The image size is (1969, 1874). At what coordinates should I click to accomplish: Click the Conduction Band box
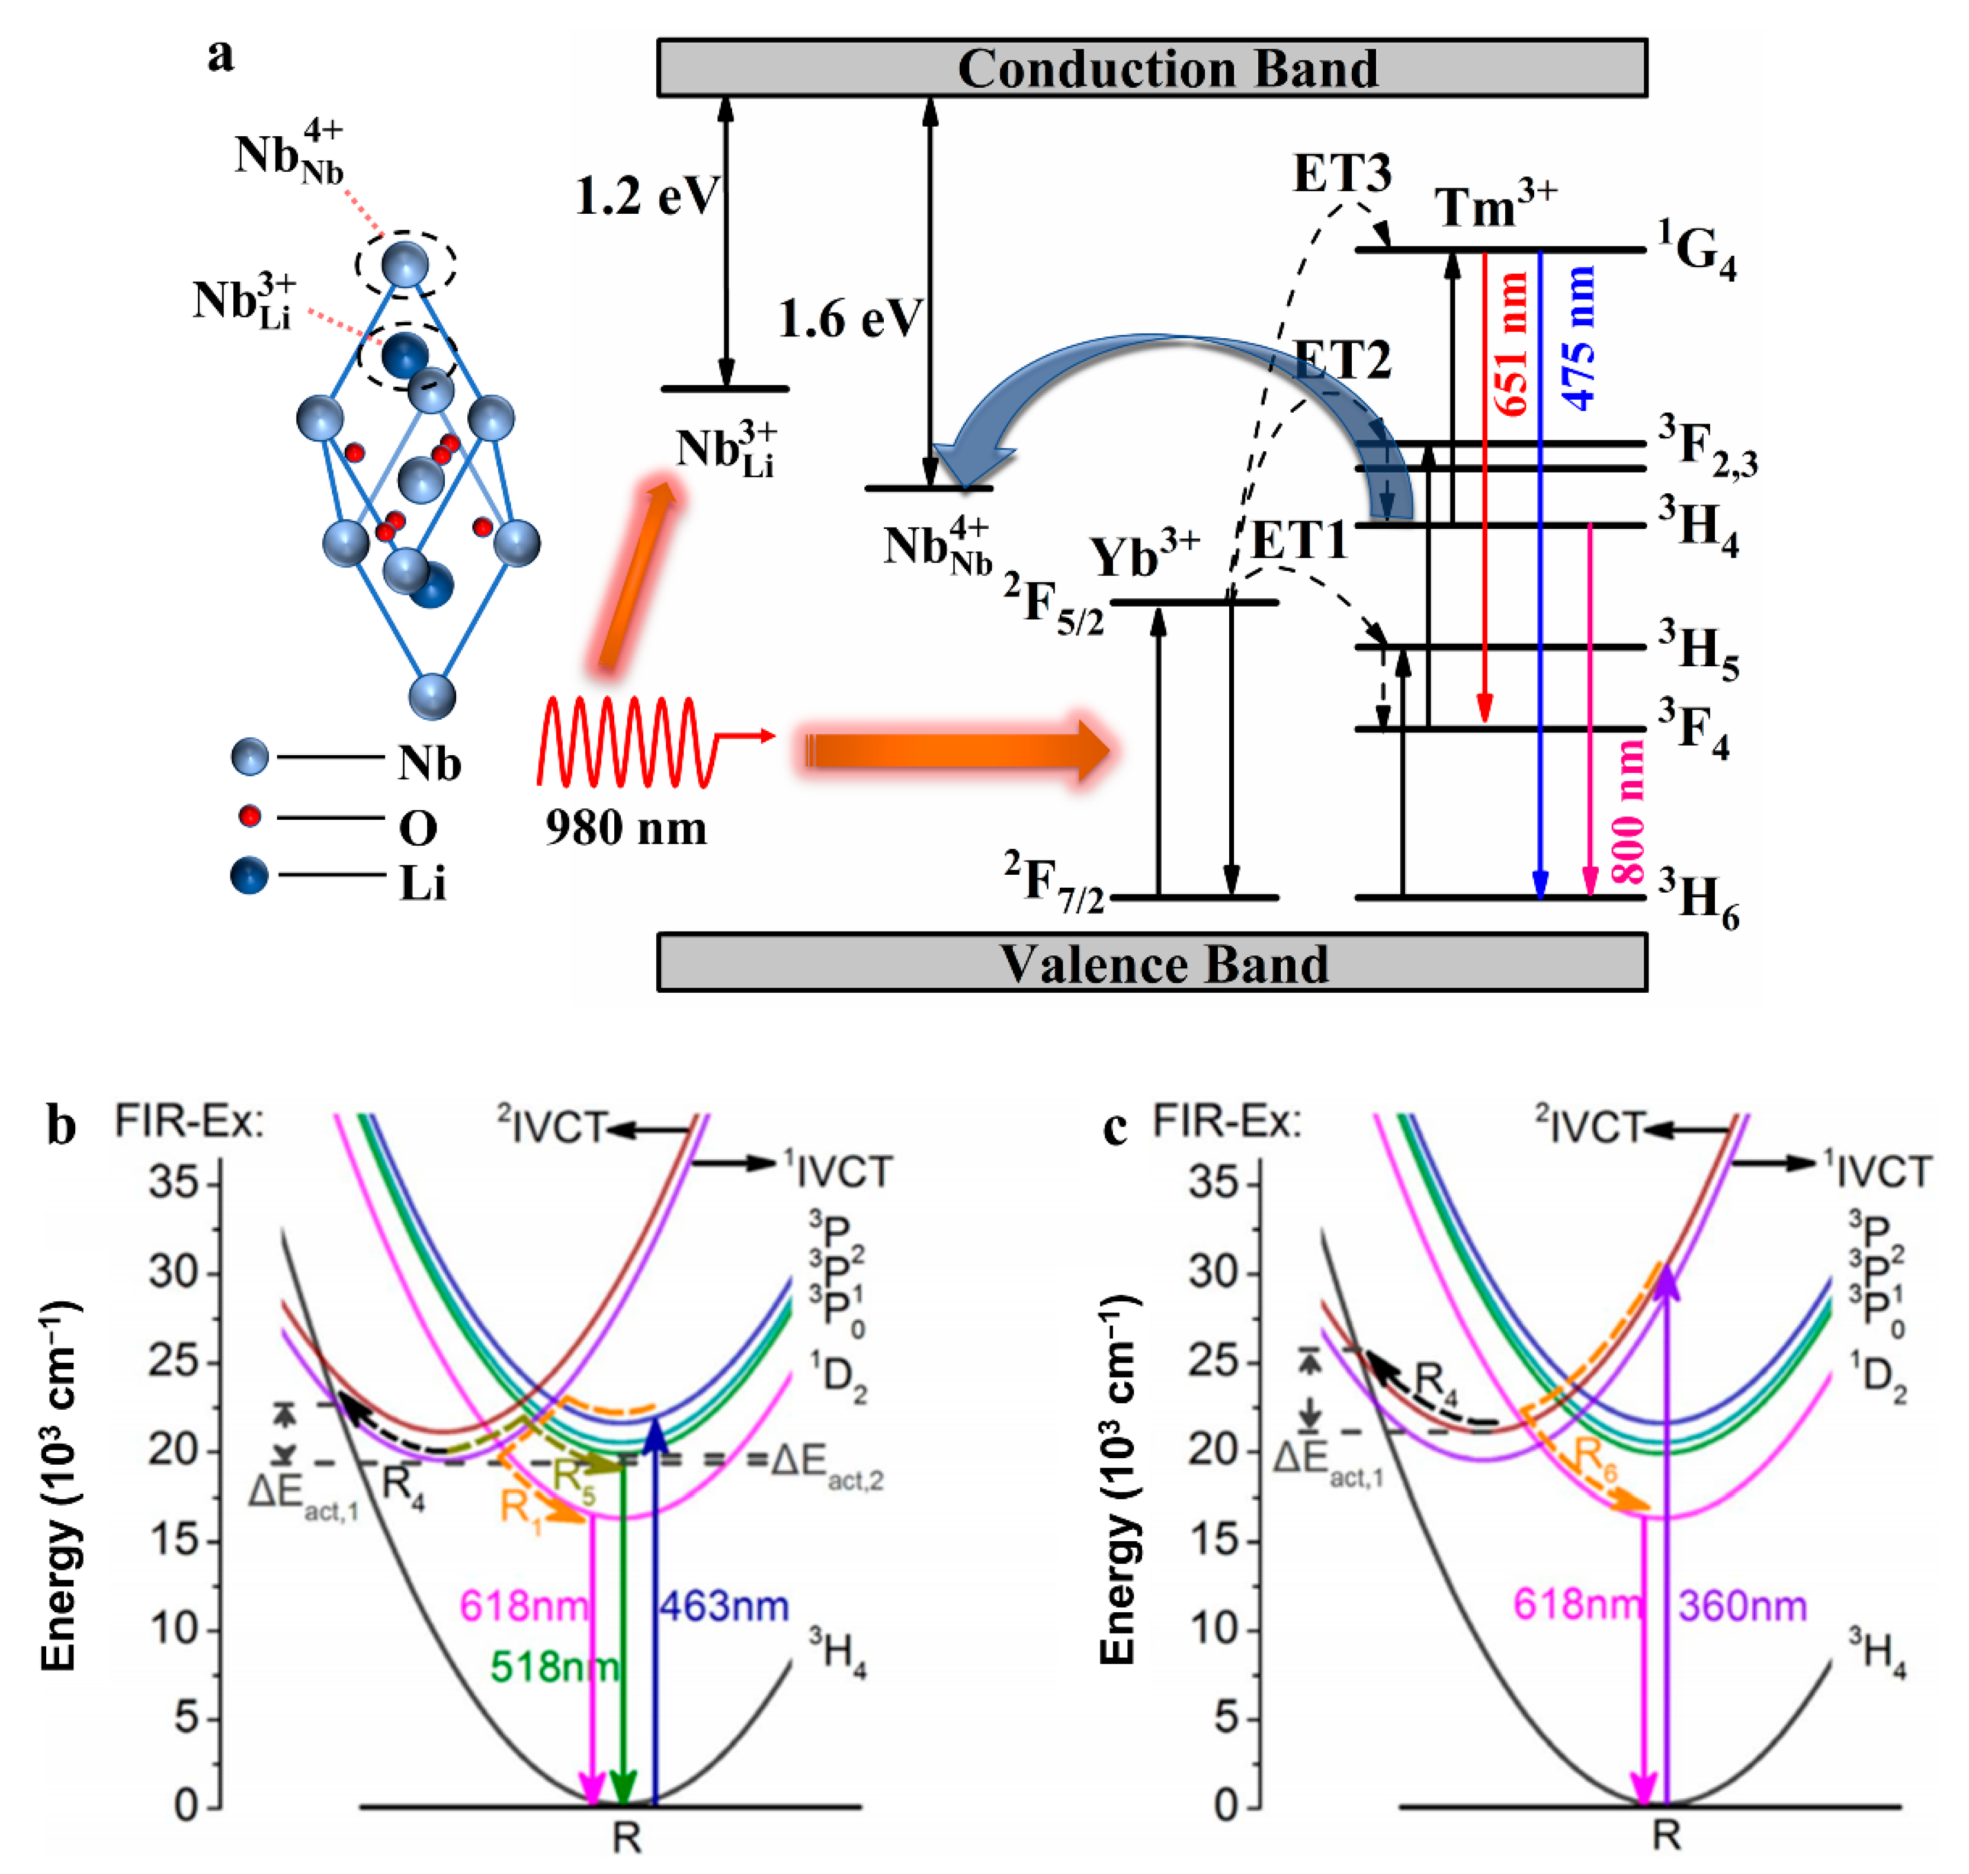[x=1151, y=68]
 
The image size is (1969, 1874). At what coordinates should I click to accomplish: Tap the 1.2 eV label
[x=645, y=196]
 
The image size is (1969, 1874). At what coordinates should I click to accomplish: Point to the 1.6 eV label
[x=849, y=320]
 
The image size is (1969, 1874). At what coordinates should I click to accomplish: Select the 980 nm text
[x=626, y=827]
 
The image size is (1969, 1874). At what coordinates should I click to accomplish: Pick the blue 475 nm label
[x=1579, y=339]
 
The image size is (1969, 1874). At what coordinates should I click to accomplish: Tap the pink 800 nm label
[x=1627, y=811]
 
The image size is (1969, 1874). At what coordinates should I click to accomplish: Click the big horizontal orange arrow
[x=954, y=750]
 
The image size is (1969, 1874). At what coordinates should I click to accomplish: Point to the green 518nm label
[x=554, y=1666]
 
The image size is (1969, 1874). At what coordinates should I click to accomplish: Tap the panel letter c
[x=1115, y=1127]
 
